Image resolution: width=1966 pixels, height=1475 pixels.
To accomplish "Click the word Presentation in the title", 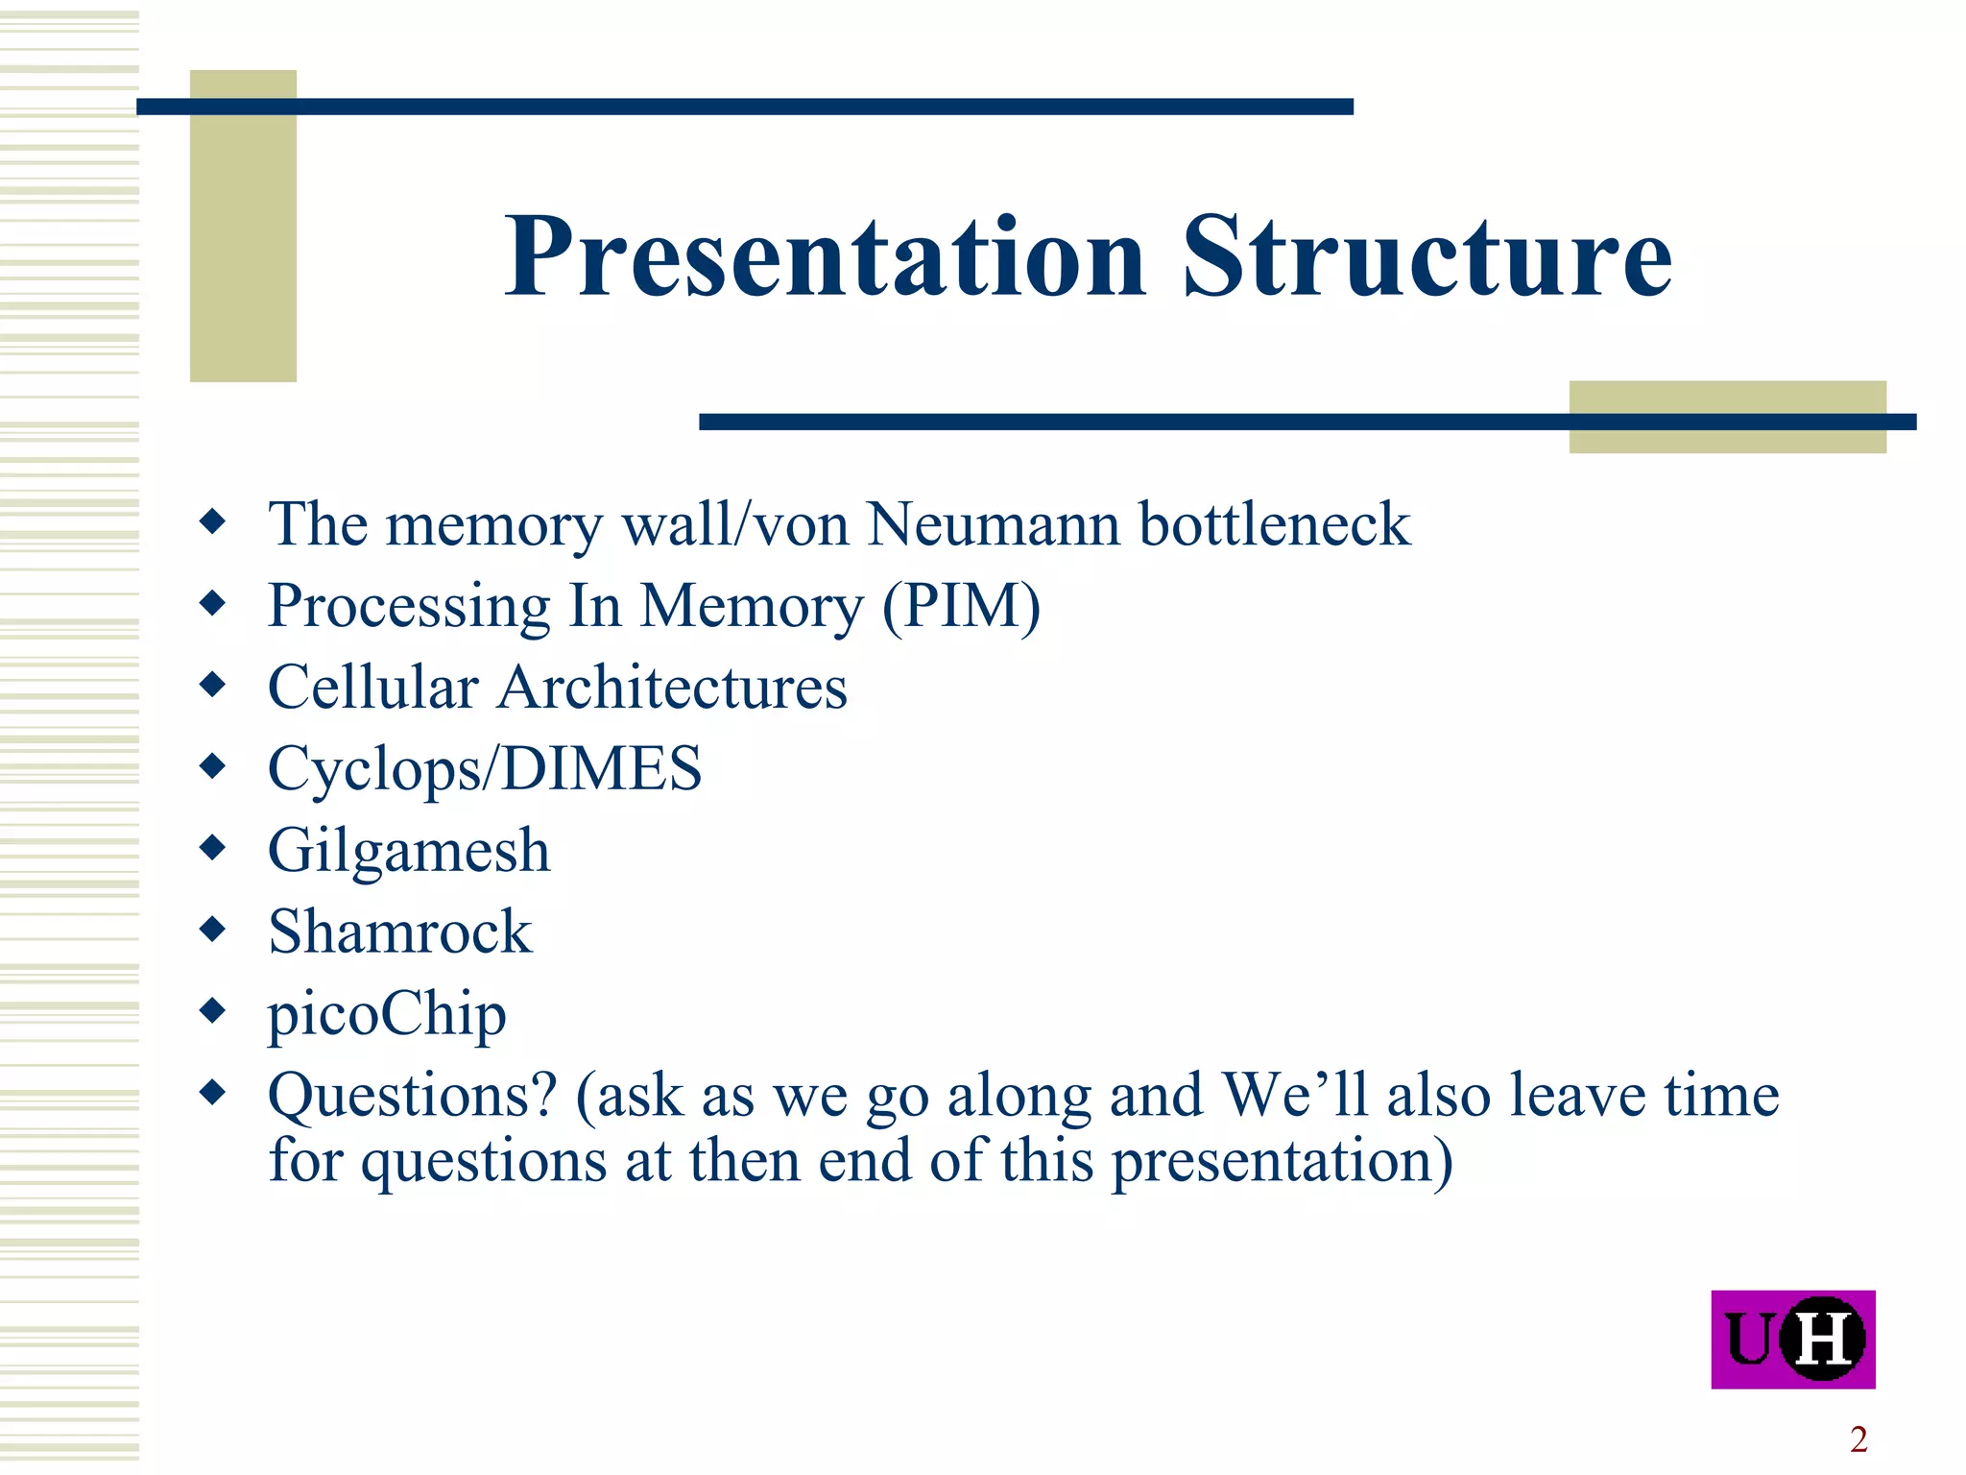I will click(x=826, y=257).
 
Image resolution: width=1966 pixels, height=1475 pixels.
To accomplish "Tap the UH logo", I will click(x=1792, y=1339).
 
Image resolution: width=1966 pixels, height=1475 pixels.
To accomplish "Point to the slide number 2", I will click(x=1858, y=1439).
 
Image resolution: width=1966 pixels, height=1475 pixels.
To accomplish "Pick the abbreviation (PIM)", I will click(x=961, y=607).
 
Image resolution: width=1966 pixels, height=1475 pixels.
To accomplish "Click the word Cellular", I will click(x=373, y=688).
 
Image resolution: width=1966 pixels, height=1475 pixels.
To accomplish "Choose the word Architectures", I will click(x=672, y=688).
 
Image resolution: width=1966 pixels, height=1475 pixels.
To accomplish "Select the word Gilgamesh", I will click(x=409, y=851).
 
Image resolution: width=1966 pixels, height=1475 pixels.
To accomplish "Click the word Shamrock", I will click(x=399, y=931).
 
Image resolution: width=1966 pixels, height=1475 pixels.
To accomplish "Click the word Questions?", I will click(x=412, y=1095).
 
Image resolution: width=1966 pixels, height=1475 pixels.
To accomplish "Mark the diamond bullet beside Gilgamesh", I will click(x=212, y=847).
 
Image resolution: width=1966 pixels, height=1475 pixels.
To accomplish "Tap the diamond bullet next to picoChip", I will click(x=212, y=1009).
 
